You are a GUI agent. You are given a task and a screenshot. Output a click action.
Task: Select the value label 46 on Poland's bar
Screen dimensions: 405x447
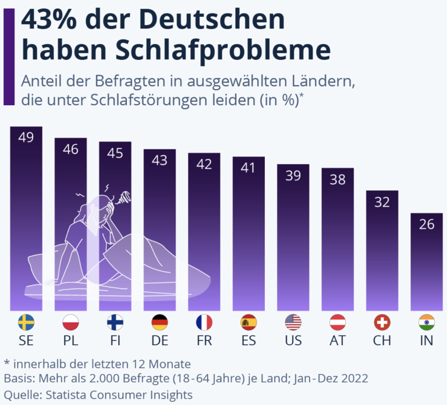70,150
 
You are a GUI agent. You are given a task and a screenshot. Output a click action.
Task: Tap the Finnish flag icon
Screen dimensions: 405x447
115,322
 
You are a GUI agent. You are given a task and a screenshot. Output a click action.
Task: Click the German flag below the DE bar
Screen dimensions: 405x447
159,322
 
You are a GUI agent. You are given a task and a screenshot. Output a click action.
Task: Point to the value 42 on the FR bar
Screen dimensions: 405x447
204,165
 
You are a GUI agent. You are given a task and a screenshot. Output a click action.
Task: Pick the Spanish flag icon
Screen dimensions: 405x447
249,322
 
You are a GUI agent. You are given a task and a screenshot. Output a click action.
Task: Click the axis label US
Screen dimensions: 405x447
293,340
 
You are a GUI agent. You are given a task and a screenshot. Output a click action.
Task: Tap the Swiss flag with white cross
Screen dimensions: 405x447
382,322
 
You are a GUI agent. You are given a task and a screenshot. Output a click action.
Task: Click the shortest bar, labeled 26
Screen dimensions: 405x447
427,262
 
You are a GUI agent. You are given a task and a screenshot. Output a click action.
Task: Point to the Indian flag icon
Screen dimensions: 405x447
427,322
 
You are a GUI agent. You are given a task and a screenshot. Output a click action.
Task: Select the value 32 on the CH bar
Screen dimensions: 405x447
382,202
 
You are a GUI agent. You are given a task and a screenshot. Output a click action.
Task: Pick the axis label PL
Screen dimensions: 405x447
70,340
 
